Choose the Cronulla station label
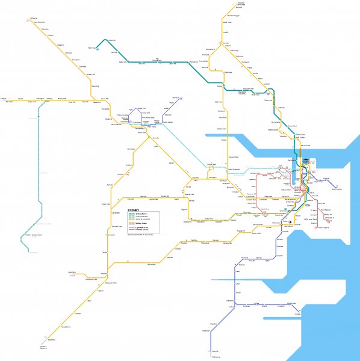(297, 313)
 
